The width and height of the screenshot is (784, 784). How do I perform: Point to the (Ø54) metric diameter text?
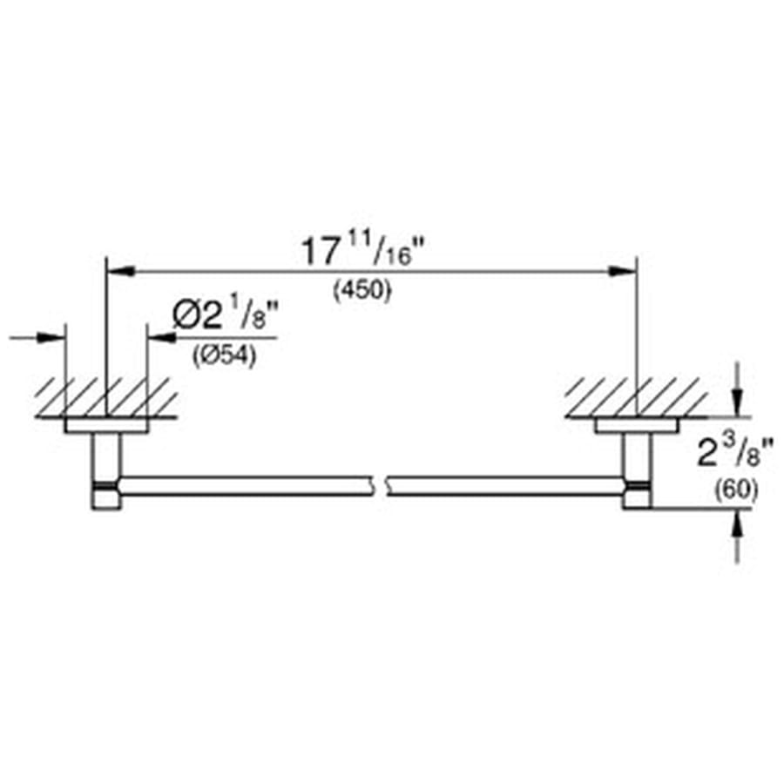point(224,357)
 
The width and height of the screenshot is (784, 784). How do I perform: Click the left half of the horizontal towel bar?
point(244,486)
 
